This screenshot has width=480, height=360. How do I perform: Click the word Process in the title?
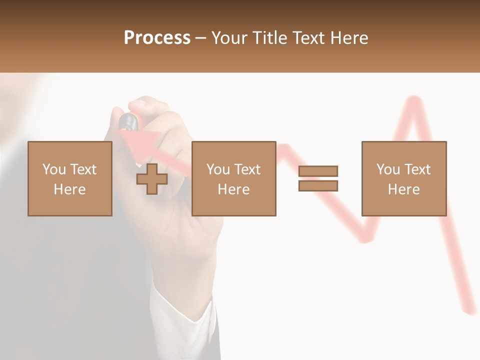click(157, 38)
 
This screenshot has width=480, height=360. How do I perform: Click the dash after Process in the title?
click(201, 38)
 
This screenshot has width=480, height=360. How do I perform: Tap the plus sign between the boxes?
click(152, 179)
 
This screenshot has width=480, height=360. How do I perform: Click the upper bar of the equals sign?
click(318, 171)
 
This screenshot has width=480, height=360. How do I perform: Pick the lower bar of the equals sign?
click(318, 186)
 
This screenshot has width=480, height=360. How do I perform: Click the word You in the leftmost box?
click(54, 169)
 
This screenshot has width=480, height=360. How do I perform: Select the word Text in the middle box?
click(247, 169)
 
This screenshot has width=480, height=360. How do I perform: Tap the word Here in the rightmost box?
click(403, 189)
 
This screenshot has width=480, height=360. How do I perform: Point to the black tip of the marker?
click(128, 121)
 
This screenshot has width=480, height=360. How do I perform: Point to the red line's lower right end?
click(470, 310)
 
